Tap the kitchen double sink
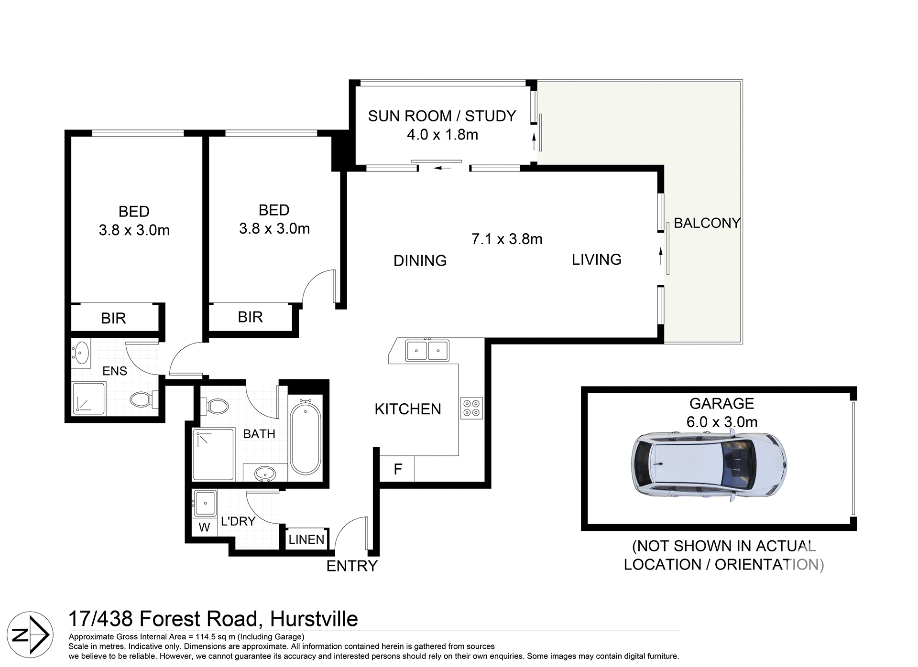pyautogui.click(x=427, y=351)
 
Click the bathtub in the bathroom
pyautogui.click(x=306, y=438)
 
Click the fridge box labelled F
pyautogui.click(x=397, y=469)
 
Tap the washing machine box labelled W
pyautogui.click(x=204, y=527)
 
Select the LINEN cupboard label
pyautogui.click(x=306, y=539)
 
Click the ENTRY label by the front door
pyautogui.click(x=352, y=566)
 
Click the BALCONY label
pyautogui.click(x=707, y=223)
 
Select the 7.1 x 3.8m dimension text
pyautogui.click(x=507, y=239)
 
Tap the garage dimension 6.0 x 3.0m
pyautogui.click(x=721, y=422)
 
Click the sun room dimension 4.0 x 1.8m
pyautogui.click(x=442, y=135)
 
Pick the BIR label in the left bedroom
pyautogui.click(x=113, y=318)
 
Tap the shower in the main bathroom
pyautogui.click(x=214, y=454)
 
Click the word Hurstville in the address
pyautogui.click(x=314, y=619)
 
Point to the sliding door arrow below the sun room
pyautogui.click(x=442, y=168)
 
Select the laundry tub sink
pyautogui.click(x=205, y=503)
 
